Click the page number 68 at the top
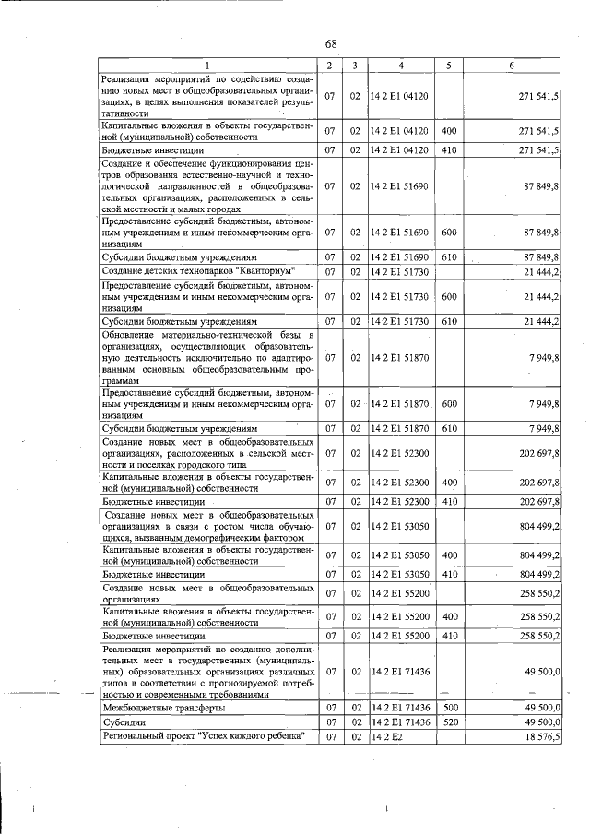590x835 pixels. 331,44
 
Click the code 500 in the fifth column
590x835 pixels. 449,707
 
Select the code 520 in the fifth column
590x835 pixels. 449,722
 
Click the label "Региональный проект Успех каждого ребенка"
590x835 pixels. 205,736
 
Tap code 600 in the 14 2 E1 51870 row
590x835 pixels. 449,403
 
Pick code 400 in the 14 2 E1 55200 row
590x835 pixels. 449,615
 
